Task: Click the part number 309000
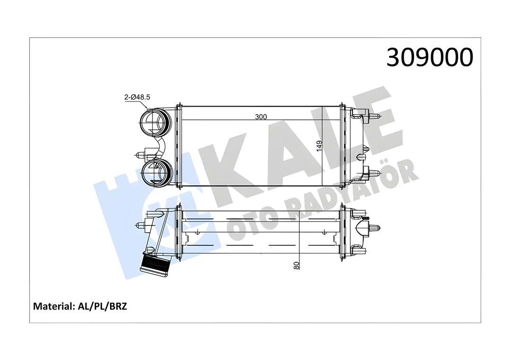click(x=429, y=58)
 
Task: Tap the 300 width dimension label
click(x=261, y=117)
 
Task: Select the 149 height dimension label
click(x=320, y=145)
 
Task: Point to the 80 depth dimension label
click(x=296, y=265)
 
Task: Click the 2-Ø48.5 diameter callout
click(x=137, y=97)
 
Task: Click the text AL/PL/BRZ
click(x=102, y=306)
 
